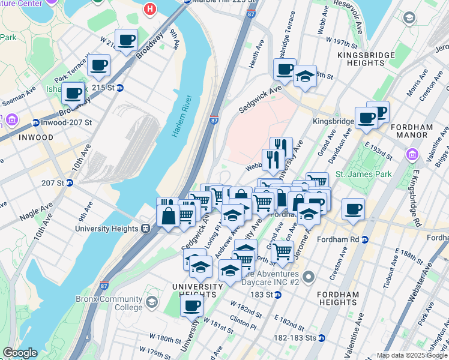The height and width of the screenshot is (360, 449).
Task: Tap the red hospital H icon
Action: click(x=150, y=9)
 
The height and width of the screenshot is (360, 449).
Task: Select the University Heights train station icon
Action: click(x=145, y=229)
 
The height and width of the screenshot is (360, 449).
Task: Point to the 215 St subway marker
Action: click(x=120, y=88)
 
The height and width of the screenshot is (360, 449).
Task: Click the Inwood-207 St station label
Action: click(x=67, y=122)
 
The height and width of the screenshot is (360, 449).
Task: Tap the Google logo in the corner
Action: click(x=20, y=353)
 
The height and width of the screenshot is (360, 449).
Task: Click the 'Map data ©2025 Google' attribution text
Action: click(x=412, y=355)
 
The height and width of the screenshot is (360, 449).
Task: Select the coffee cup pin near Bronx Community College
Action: click(x=191, y=307)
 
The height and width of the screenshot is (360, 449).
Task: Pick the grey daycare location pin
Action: click(x=309, y=277)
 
